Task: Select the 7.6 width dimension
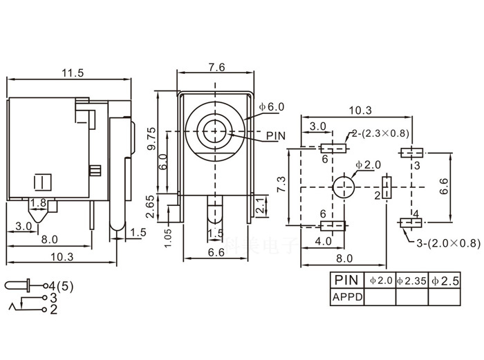(215, 67)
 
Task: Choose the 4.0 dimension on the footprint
(322, 241)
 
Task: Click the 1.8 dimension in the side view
(38, 203)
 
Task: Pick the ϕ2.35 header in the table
(411, 281)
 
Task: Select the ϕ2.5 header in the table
(445, 281)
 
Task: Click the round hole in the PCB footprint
(344, 187)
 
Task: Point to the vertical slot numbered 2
(386, 187)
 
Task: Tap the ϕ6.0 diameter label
(272, 107)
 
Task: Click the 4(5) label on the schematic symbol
(63, 285)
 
